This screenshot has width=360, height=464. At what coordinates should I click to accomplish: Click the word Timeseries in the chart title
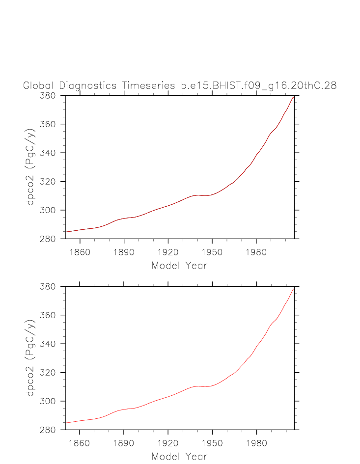pyautogui.click(x=147, y=85)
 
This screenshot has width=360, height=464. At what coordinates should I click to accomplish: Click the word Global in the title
pyautogui.click(x=39, y=85)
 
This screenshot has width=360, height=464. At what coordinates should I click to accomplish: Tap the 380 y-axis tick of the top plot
pyautogui.click(x=49, y=96)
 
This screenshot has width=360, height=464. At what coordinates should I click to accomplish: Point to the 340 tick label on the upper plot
pyautogui.click(x=49, y=153)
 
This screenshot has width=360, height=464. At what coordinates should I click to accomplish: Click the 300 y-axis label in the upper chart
pyautogui.click(x=49, y=211)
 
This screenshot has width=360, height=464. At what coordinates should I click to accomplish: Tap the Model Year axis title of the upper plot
pyautogui.click(x=179, y=266)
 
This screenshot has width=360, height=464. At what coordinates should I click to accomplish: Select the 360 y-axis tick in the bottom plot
pyautogui.click(x=49, y=315)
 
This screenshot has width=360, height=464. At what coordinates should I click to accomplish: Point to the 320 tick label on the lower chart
pyautogui.click(x=49, y=373)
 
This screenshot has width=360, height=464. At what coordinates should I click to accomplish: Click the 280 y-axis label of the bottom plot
pyautogui.click(x=49, y=430)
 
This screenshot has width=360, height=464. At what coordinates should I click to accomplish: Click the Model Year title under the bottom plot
pyautogui.click(x=179, y=457)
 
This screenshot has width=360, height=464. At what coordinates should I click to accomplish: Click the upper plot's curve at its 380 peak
pyautogui.click(x=294, y=96)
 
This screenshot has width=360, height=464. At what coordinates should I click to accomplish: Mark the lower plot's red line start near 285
pyautogui.click(x=66, y=422)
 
